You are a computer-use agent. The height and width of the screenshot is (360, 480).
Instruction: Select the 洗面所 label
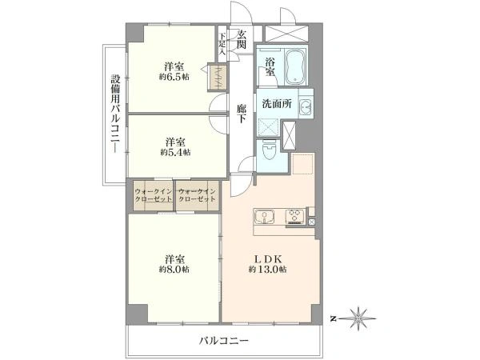point(276,103)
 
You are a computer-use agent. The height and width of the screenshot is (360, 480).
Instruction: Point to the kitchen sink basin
point(266,216)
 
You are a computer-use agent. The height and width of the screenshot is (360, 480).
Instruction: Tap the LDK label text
point(268,259)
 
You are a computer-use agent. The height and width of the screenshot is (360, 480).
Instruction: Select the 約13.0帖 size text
point(268,270)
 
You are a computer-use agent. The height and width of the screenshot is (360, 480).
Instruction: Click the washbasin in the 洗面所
point(306,107)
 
